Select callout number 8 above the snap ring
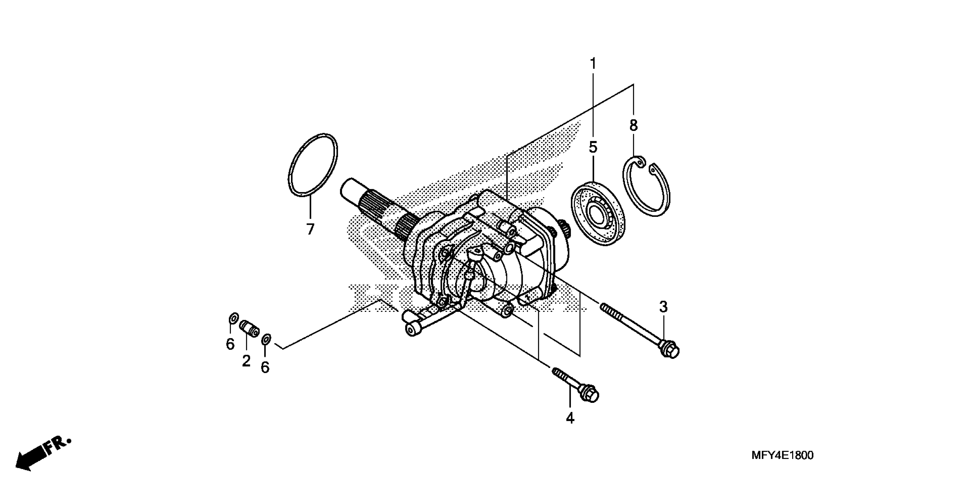coord(634,126)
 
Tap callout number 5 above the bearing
coord(593,147)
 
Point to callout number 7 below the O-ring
coord(310,229)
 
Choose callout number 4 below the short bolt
coord(570,418)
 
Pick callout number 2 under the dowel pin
coord(246,361)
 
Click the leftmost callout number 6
coord(230,344)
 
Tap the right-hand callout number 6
coord(265,367)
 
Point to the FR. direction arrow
coord(41,455)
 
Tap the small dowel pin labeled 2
coord(250,328)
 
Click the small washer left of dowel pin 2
coord(233,319)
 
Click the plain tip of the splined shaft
coord(350,188)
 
